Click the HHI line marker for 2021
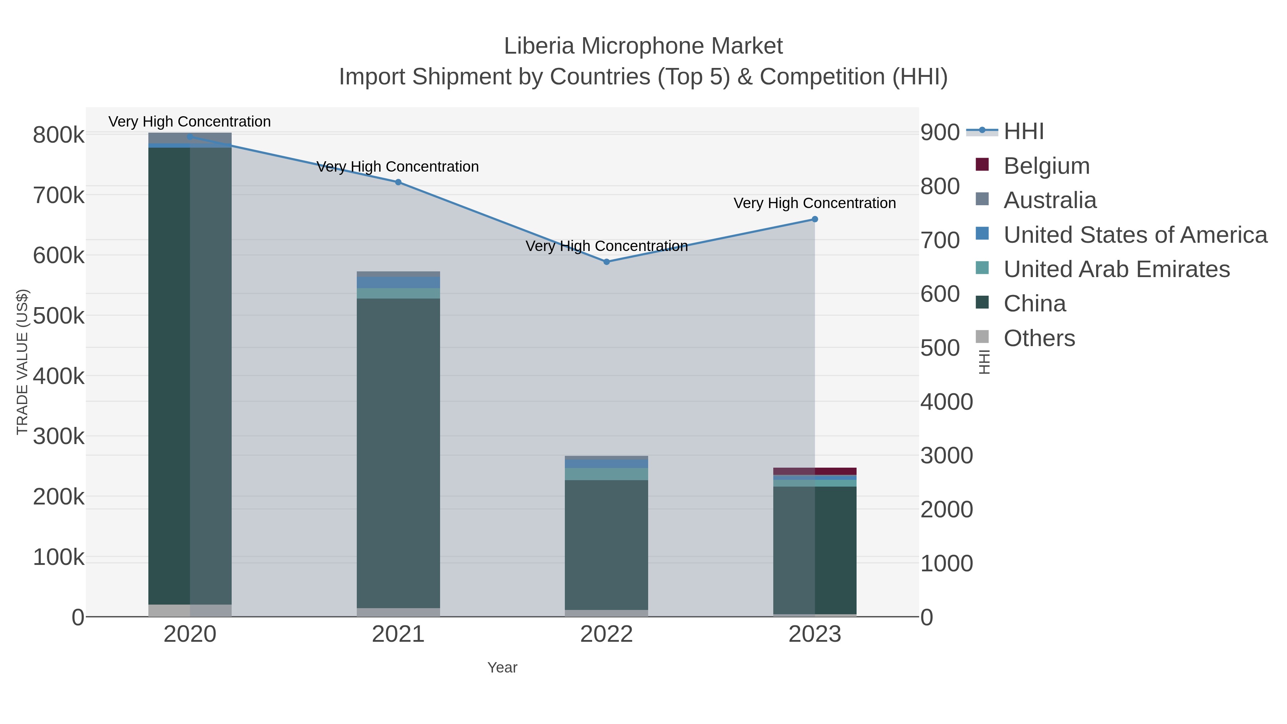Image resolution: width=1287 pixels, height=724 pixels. point(398,182)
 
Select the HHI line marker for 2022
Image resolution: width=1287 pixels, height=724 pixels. point(607,262)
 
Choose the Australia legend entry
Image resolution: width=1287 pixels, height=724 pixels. point(1050,200)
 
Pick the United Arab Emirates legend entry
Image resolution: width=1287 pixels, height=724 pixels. point(1116,269)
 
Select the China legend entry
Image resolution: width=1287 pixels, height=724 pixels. point(1034,304)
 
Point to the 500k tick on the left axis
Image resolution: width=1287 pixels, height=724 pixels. point(59,316)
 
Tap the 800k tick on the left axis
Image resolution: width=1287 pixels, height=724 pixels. point(59,135)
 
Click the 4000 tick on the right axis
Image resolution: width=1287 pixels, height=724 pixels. point(947,402)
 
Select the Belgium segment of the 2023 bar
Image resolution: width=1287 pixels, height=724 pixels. point(815,471)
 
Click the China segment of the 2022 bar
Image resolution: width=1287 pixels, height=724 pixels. point(607,545)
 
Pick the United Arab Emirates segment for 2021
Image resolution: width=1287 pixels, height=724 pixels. point(398,293)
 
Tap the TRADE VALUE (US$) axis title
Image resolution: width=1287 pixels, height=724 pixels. point(23,362)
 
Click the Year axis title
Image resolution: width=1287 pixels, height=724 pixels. point(502,668)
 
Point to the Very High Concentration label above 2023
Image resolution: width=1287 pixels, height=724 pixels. point(814,203)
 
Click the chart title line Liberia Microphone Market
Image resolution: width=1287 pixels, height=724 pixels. point(643,46)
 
